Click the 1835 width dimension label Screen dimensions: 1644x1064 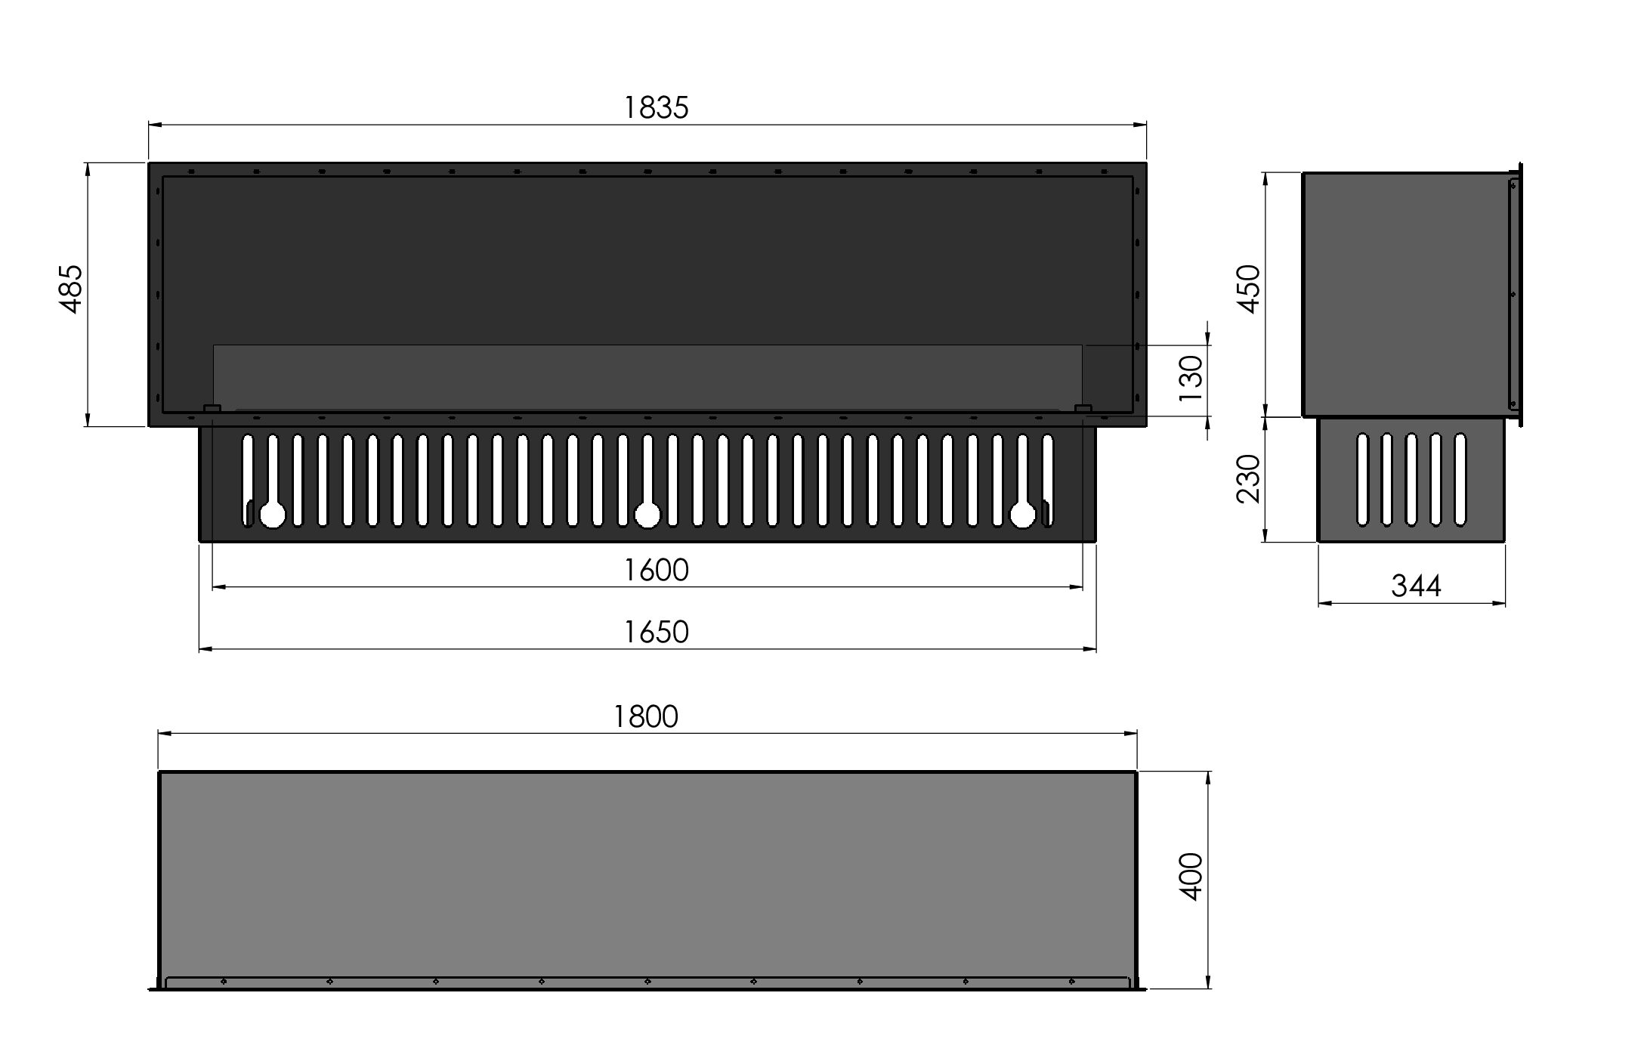[x=656, y=108]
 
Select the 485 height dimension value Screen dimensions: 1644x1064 [x=72, y=289]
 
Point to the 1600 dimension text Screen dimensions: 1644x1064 [x=656, y=570]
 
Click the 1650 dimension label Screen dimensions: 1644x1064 [x=656, y=632]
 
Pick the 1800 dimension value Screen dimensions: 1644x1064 [x=645, y=716]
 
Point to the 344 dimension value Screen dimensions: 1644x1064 [x=1416, y=586]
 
